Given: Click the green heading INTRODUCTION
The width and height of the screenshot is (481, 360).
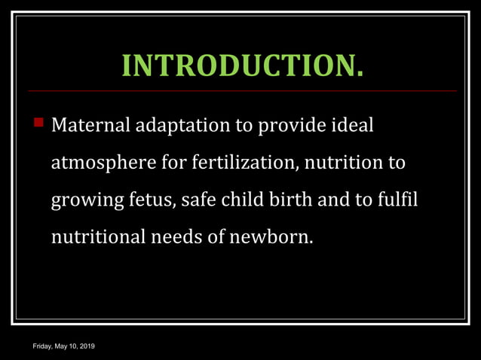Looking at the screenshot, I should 242,66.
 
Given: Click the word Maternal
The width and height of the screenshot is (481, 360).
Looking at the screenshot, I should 90,124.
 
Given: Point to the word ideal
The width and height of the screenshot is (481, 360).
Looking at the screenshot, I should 351,124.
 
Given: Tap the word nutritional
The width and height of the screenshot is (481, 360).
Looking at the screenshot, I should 97,237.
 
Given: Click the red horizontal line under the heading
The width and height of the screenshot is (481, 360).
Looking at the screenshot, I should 242,90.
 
